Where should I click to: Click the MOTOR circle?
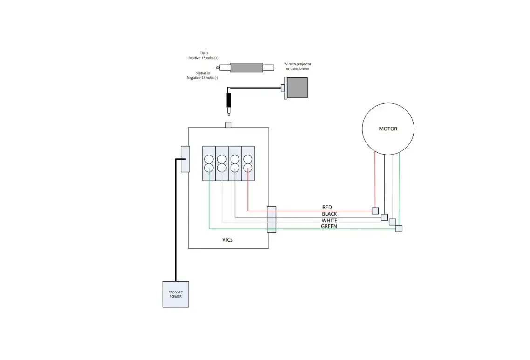pyautogui.click(x=388, y=129)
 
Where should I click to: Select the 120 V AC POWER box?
pyautogui.click(x=176, y=294)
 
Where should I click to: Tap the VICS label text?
pyautogui.click(x=227, y=240)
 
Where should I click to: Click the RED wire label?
pyautogui.click(x=327, y=207)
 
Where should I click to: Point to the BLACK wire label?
pyautogui.click(x=329, y=214)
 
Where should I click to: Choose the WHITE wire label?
pyautogui.click(x=329, y=220)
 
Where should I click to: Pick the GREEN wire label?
pyautogui.click(x=329, y=226)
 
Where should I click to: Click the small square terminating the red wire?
pyautogui.click(x=375, y=211)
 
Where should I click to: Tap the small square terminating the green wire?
pyautogui.click(x=399, y=229)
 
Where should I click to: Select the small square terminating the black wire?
pyautogui.click(x=384, y=217)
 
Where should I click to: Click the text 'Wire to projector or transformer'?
pyautogui.click(x=298, y=66)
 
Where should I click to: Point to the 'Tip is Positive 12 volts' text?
pyautogui.click(x=204, y=55)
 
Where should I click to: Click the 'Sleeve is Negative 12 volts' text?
pyautogui.click(x=202, y=75)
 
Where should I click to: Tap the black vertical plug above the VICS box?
pyautogui.click(x=229, y=101)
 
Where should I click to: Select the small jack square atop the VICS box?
pyautogui.click(x=228, y=125)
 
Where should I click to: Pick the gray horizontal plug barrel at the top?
pyautogui.click(x=246, y=68)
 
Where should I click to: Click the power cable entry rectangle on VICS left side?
pyautogui.click(x=185, y=159)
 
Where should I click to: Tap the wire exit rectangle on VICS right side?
pyautogui.click(x=272, y=219)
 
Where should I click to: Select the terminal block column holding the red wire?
pyautogui.click(x=248, y=163)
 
